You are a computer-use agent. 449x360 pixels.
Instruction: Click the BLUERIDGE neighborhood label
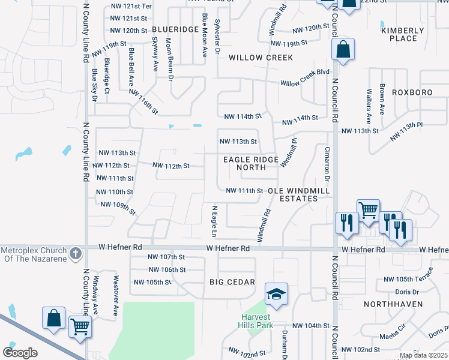175,29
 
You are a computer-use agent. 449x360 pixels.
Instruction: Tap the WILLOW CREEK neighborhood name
261,58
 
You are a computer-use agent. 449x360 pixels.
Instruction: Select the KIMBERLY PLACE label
399,34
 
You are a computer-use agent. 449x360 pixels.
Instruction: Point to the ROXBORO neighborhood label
412,92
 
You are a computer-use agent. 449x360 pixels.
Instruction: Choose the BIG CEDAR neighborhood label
232,282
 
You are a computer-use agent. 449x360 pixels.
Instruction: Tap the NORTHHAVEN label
390,304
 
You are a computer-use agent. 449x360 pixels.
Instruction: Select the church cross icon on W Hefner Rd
76,253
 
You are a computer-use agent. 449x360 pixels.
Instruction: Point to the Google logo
20,353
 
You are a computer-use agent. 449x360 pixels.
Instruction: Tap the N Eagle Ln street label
214,220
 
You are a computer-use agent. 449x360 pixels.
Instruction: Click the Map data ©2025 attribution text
423,355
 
